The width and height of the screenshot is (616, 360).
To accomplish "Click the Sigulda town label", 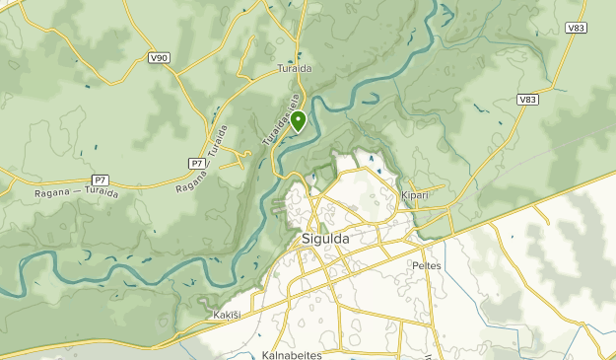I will [x=324, y=239].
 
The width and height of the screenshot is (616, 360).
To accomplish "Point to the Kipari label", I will [x=415, y=195].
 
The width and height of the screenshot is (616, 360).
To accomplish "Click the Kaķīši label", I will [x=226, y=316].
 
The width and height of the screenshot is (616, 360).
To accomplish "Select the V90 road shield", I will [x=159, y=59].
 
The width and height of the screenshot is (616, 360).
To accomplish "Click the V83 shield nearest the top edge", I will [x=577, y=29].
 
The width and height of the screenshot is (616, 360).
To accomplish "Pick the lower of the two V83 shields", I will [x=528, y=99].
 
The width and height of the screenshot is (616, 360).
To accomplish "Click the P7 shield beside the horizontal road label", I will [x=99, y=180].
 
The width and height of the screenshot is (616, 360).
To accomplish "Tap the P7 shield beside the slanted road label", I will [x=196, y=162].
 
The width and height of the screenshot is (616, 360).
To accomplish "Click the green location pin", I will [x=298, y=121].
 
